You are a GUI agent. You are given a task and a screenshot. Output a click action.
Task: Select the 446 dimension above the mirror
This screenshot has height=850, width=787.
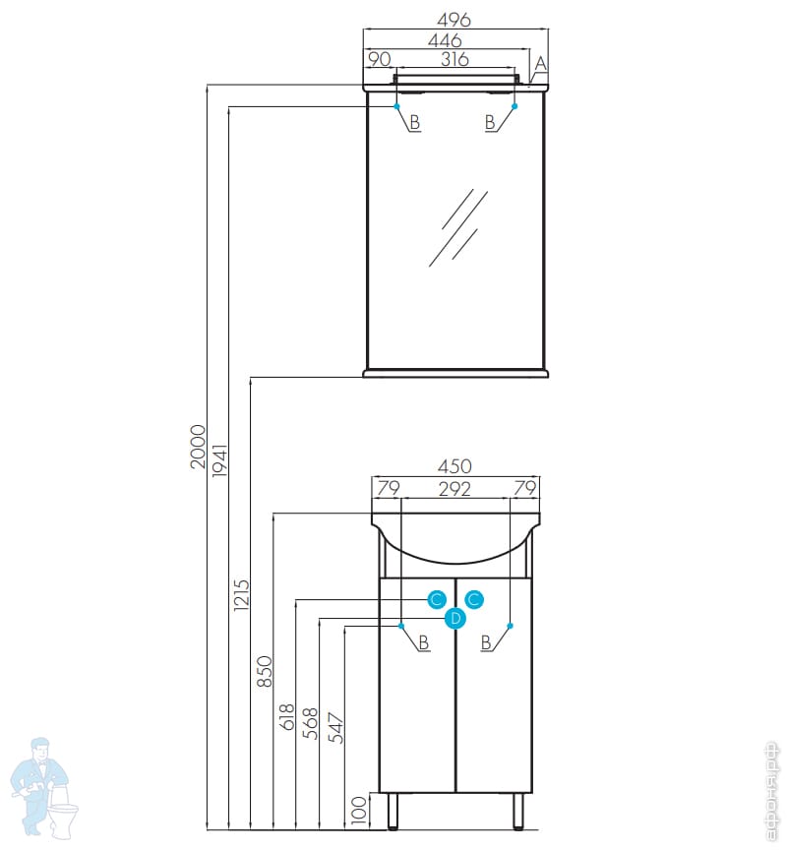click(446, 40)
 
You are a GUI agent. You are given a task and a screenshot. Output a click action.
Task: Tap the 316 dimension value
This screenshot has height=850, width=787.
click(454, 60)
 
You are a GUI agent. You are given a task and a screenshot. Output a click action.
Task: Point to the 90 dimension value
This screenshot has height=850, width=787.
click(378, 60)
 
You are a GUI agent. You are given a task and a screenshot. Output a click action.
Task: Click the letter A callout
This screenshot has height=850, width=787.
click(540, 65)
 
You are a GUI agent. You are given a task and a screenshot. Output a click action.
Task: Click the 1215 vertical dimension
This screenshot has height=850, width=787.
click(243, 596)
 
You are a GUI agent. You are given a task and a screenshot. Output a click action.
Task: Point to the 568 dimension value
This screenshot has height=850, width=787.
click(311, 723)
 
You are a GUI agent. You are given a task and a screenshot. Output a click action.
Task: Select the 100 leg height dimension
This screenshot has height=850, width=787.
click(359, 809)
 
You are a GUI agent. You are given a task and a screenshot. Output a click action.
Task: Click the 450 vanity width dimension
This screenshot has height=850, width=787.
click(454, 466)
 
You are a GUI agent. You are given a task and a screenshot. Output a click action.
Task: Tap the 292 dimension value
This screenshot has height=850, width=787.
click(454, 487)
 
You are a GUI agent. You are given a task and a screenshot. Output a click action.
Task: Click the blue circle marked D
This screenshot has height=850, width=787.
click(454, 619)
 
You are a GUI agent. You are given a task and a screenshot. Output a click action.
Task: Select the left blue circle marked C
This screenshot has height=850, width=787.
click(437, 599)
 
